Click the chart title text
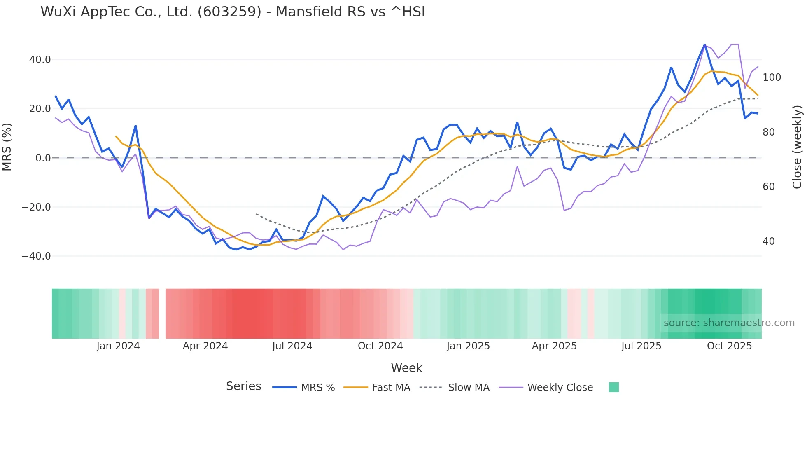[x=233, y=12]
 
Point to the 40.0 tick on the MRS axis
[x=40, y=60]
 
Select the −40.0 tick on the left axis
[x=36, y=256]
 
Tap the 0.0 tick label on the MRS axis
[x=43, y=158]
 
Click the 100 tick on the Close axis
[x=772, y=77]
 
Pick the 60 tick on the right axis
[x=769, y=187]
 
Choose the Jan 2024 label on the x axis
[x=118, y=346]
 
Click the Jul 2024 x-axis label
[x=292, y=346]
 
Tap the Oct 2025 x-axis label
[x=729, y=346]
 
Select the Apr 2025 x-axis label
[x=554, y=346]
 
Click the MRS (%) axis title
[x=7, y=147]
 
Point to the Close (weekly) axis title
[x=798, y=147]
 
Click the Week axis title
[x=406, y=368]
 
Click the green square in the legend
[x=613, y=387]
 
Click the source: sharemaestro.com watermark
[x=729, y=323]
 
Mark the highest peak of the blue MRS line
[x=704, y=45]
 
